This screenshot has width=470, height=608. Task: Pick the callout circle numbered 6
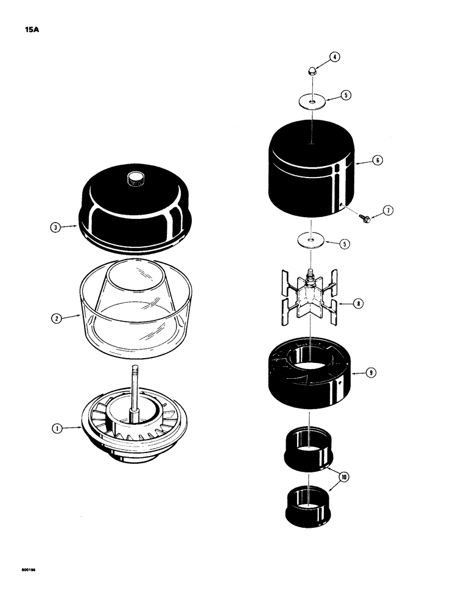click(x=377, y=161)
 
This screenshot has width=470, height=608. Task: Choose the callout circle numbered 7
click(x=388, y=211)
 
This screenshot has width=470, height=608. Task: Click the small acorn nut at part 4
click(x=310, y=71)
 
